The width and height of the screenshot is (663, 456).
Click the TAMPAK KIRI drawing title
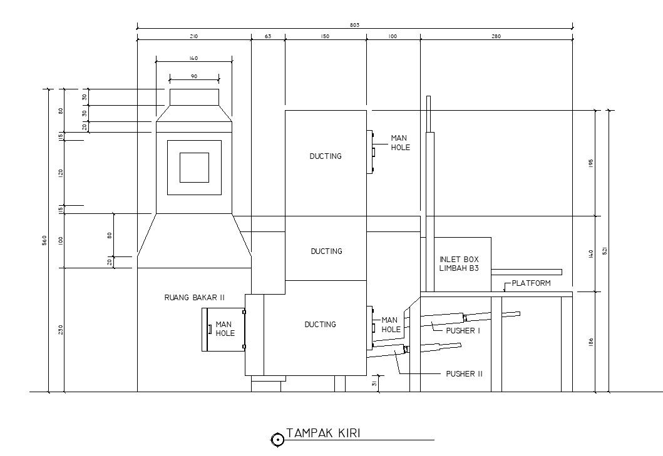tap(323, 433)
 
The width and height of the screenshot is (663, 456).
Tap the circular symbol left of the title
tap(277, 440)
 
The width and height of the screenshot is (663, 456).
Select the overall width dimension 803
tap(355, 24)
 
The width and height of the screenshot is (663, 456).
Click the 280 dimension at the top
tap(496, 36)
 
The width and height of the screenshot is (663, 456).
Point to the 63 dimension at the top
tap(268, 36)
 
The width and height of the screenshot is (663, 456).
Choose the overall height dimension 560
tap(44, 240)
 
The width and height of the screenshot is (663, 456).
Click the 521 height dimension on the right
tap(604, 251)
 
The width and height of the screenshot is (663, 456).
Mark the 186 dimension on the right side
tap(591, 342)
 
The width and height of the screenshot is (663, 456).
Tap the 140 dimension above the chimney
tap(193, 58)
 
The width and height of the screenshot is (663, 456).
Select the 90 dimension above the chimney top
tap(194, 76)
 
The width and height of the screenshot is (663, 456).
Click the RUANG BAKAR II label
tap(194, 298)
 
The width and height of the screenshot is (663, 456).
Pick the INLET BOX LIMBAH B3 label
tap(459, 263)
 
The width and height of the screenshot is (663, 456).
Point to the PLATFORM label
tap(531, 283)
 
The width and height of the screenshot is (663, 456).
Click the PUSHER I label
tap(463, 330)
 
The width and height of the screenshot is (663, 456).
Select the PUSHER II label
tap(464, 374)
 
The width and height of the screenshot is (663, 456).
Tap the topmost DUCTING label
tap(326, 156)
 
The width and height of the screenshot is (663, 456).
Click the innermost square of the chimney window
tap(194, 167)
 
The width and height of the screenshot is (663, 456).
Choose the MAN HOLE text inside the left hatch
tap(225, 329)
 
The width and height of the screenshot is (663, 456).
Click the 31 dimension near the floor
tap(374, 383)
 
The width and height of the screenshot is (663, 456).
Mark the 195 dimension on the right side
tap(591, 163)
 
